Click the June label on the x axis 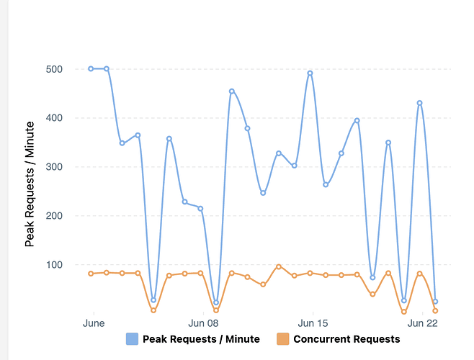click(94, 323)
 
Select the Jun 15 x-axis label click(313, 323)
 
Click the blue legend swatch click(132, 339)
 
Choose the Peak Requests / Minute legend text click(201, 339)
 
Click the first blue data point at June click(91, 69)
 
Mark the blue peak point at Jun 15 click(310, 73)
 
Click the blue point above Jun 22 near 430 click(419, 103)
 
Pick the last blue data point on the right click(435, 302)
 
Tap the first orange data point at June click(91, 274)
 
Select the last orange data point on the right click(435, 311)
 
